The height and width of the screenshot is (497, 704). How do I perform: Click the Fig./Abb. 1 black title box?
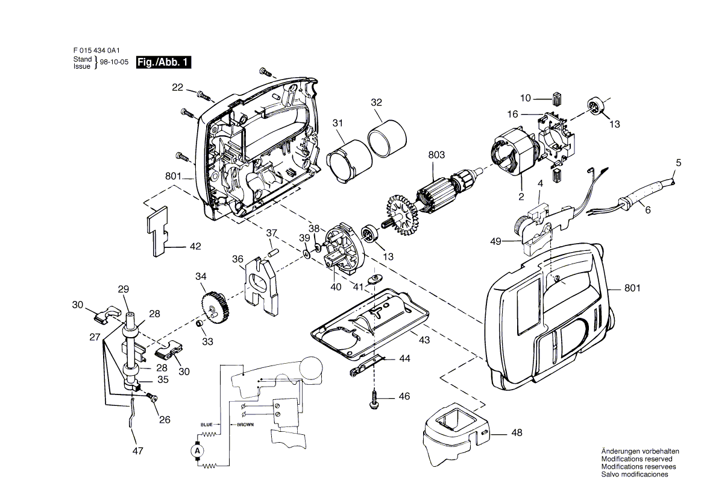[163, 62]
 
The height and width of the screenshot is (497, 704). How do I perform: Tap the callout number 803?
[436, 154]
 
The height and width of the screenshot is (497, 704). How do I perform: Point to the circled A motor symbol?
[198, 451]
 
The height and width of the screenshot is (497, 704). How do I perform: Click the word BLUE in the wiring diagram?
[207, 425]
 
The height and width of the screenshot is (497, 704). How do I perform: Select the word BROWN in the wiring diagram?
[245, 425]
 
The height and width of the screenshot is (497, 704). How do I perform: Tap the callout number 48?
[517, 432]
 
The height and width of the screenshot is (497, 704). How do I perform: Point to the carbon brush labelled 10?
[557, 98]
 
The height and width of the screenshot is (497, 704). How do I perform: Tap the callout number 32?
[376, 102]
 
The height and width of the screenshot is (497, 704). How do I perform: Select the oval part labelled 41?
[374, 280]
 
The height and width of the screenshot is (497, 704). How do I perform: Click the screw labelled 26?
[152, 397]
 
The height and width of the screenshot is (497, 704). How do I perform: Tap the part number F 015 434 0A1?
[96, 51]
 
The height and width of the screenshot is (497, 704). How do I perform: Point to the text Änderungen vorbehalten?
[640, 451]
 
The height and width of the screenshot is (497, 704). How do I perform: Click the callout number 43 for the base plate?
[424, 340]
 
